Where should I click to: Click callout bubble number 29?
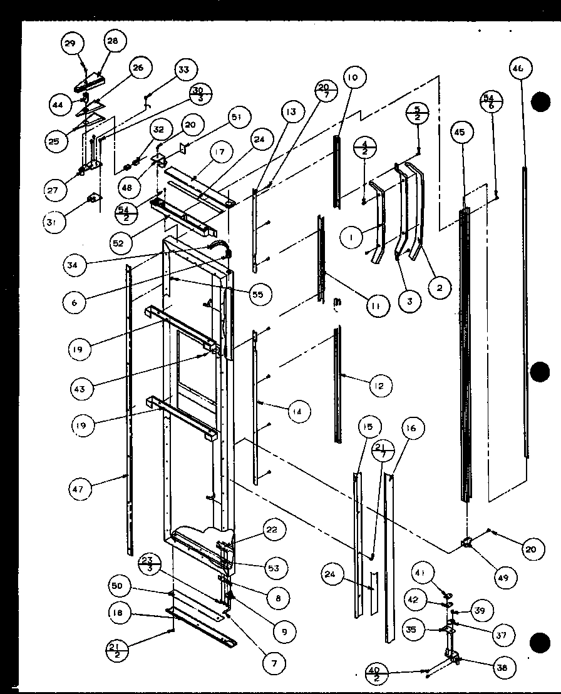click(71, 43)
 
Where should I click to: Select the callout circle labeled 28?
click(112, 41)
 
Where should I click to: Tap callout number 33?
click(183, 70)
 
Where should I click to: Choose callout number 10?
click(353, 78)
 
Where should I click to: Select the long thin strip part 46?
click(525, 313)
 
